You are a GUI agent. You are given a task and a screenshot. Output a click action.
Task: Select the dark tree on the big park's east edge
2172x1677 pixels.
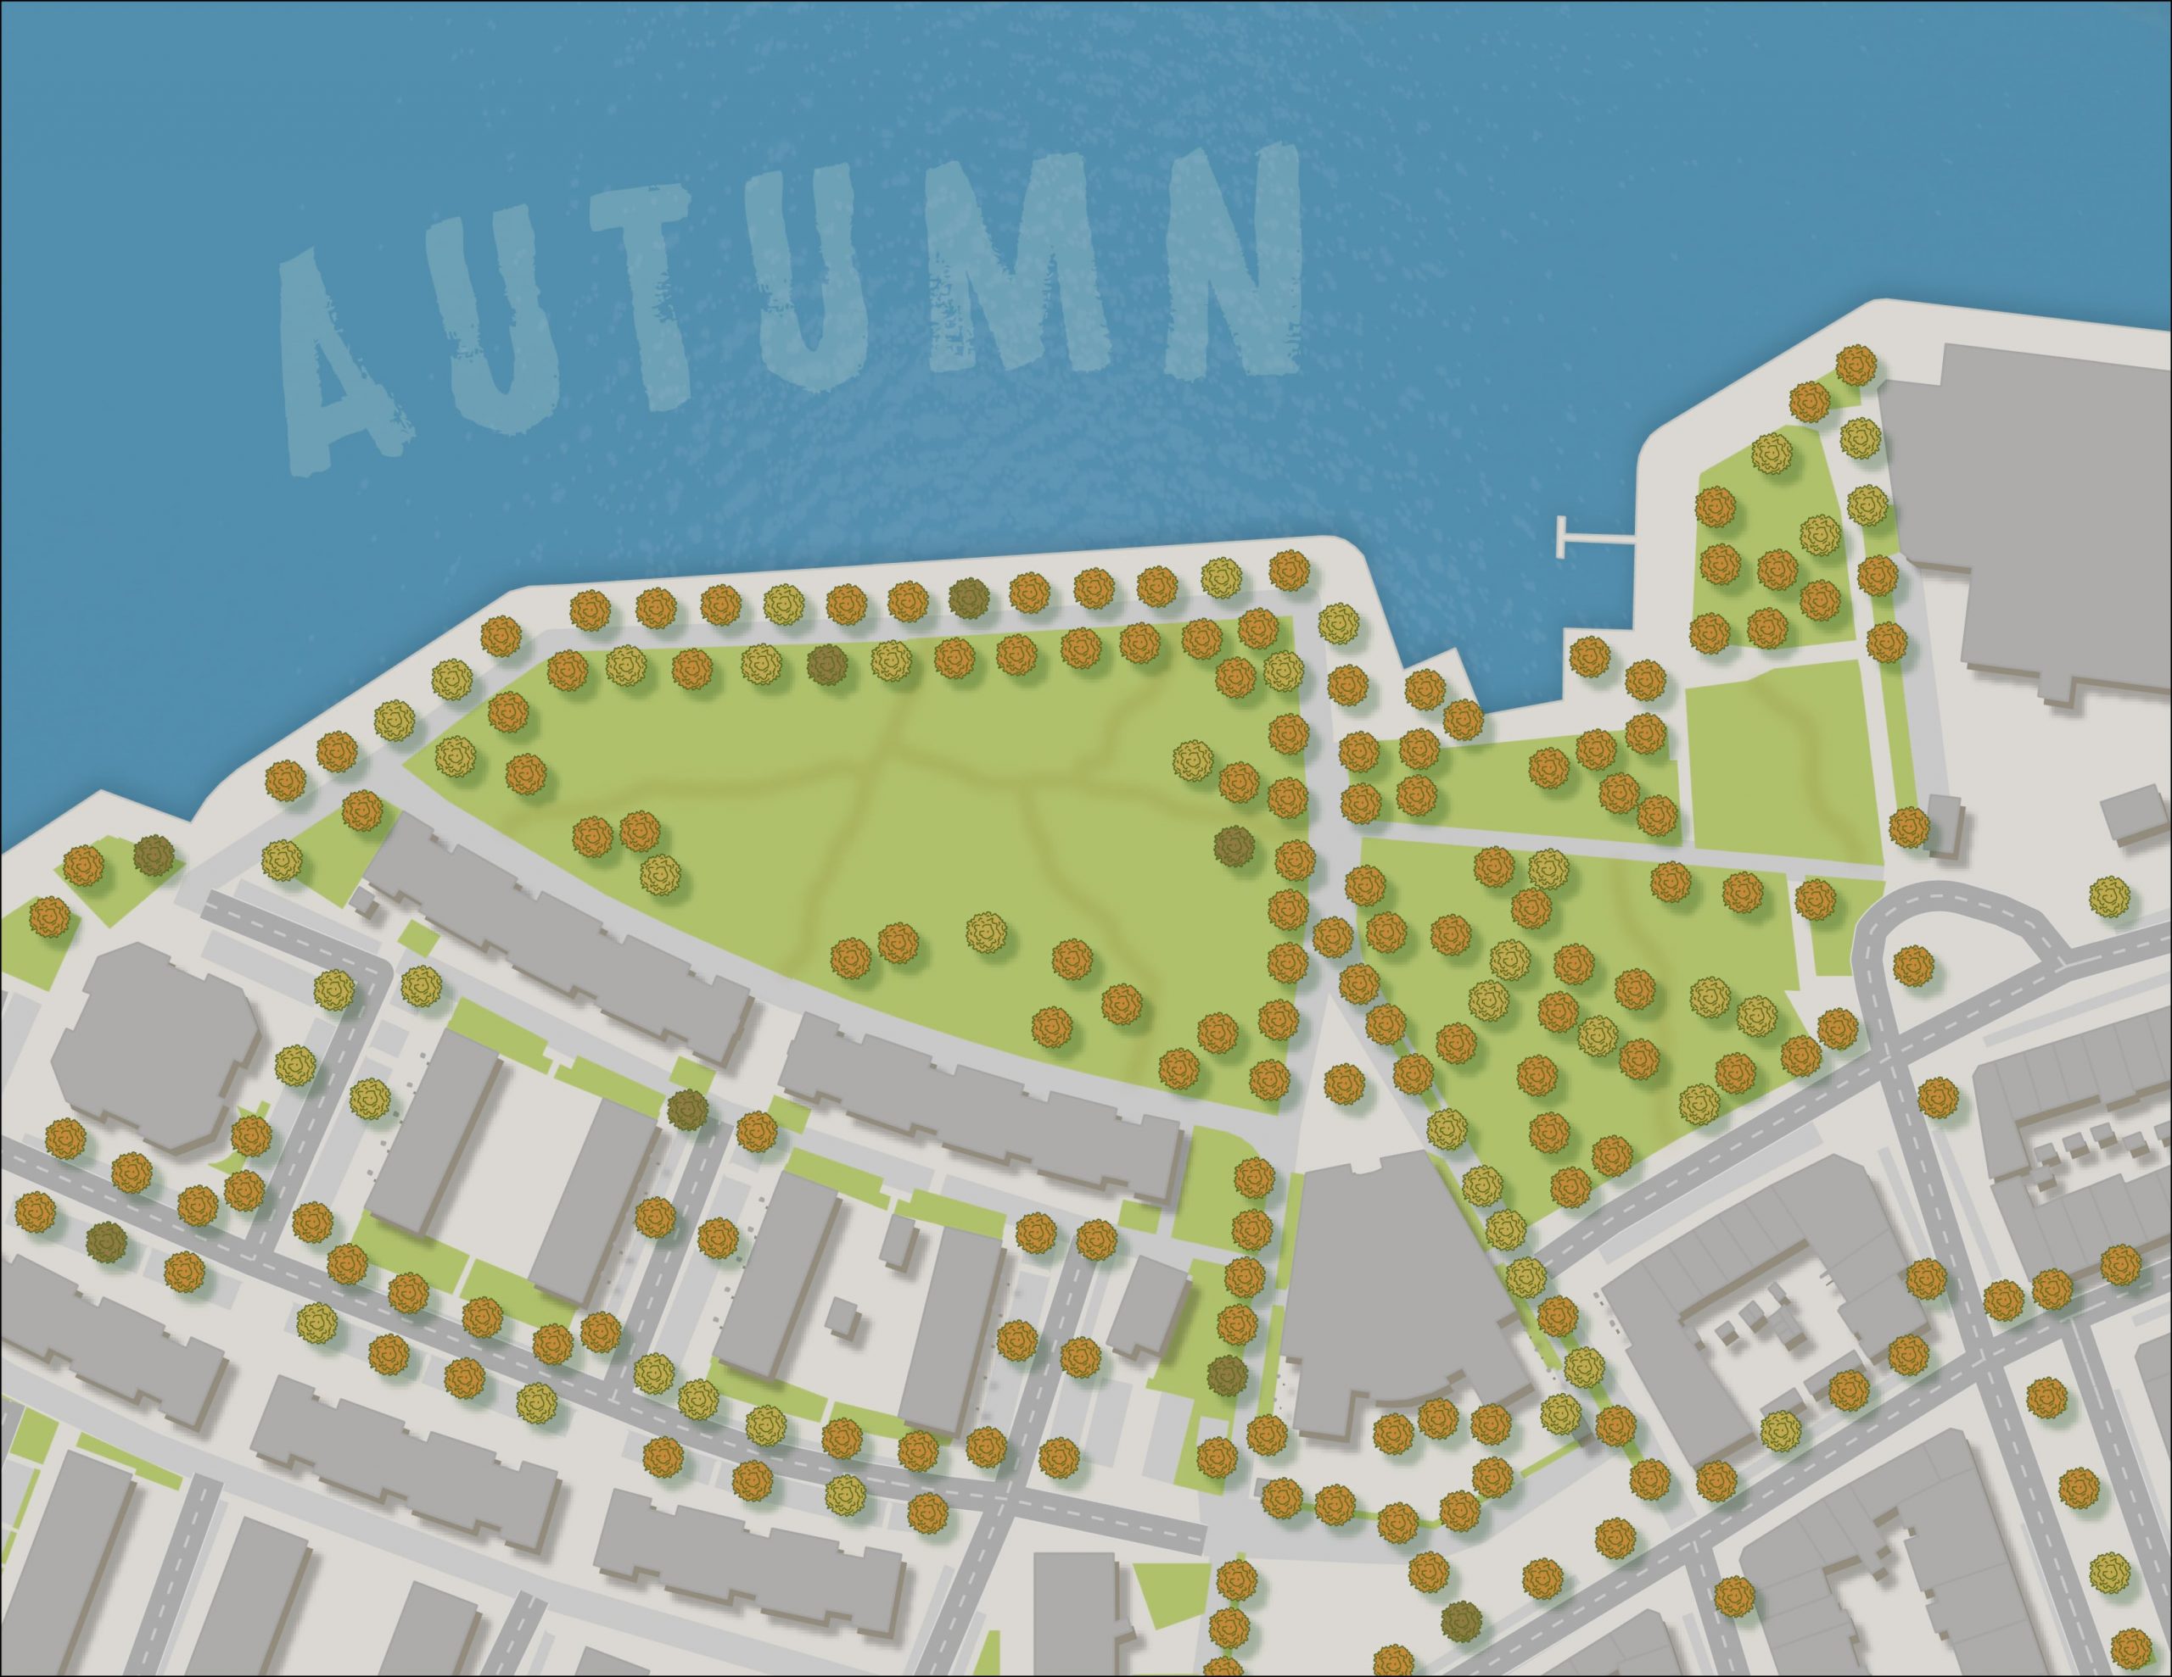coord(1233,846)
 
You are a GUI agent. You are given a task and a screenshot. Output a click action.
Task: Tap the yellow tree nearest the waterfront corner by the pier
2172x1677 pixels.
coord(1339,622)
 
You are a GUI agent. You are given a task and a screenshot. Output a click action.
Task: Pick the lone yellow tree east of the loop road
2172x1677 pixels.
coord(2108,898)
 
